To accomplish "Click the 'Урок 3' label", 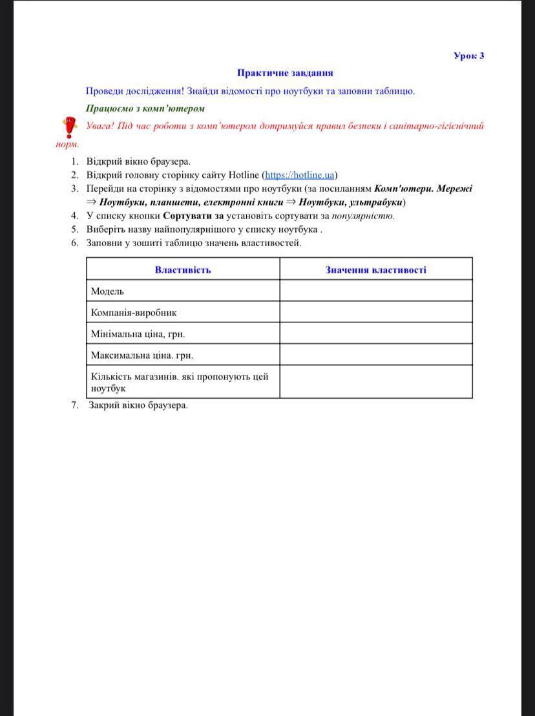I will pos(469,56).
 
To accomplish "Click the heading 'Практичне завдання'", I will pos(285,73).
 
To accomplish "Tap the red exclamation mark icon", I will pos(67,127).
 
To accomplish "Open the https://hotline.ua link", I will pos(300,175).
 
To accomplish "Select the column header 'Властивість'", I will pos(183,269).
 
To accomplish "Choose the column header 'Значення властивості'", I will pos(375,269).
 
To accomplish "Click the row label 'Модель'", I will pos(108,291).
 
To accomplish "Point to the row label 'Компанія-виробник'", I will pos(134,313).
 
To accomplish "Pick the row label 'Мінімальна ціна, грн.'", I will pos(138,334).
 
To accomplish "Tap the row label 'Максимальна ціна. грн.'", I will pos(142,355).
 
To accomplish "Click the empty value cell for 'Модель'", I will pos(375,291).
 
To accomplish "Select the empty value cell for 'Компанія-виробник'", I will pos(375,312).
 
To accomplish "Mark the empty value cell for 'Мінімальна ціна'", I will pos(375,333).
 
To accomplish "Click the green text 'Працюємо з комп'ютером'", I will pos(145,108).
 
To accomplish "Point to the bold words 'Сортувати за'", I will pos(193,216).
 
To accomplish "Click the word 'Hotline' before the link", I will pos(244,175).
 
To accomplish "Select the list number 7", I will pos(74,405).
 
